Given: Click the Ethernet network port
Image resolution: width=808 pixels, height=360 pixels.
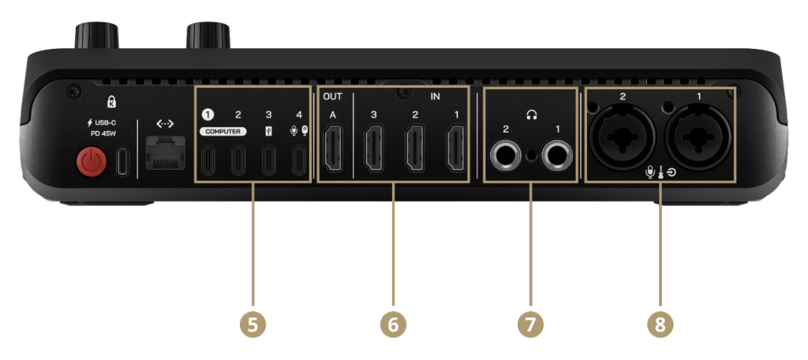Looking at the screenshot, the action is tap(166, 154).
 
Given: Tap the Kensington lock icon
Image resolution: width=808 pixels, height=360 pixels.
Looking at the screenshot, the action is tap(111, 100).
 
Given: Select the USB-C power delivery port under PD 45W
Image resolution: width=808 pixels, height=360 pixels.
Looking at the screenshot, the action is tap(122, 160).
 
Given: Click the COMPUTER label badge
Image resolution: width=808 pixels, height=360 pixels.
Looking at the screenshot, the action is tap(223, 132).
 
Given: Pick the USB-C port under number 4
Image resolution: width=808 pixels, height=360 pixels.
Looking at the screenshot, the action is tap(299, 160).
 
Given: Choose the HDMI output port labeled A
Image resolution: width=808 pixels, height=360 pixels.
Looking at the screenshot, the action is tap(333, 151).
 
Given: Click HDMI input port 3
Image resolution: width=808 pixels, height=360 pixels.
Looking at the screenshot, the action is tap(374, 151).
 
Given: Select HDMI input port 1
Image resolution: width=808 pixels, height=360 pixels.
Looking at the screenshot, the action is tap(457, 151).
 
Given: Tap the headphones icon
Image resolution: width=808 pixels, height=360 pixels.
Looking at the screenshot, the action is tap(531, 115).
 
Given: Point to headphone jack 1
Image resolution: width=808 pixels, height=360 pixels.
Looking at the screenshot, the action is tap(558, 155).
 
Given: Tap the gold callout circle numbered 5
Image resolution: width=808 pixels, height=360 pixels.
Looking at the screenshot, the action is tap(252, 324).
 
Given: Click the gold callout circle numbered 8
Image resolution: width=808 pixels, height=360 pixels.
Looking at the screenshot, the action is tap(660, 324).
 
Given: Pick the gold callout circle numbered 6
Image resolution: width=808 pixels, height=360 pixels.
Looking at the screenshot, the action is tap(393, 324).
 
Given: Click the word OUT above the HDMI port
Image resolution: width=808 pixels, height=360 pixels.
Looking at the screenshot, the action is tap(332, 96).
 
